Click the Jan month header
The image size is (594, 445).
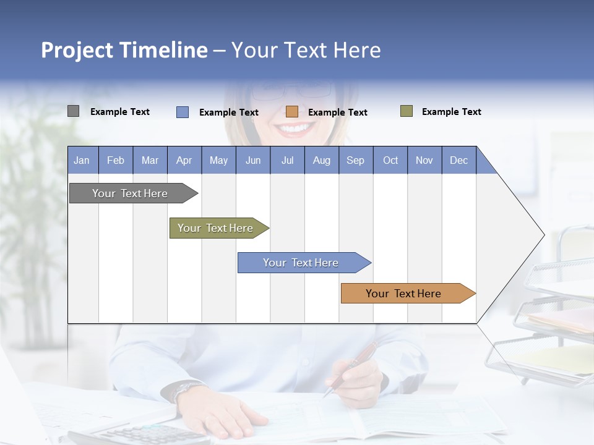pyautogui.click(x=82, y=160)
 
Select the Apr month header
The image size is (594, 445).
pyautogui.click(x=184, y=160)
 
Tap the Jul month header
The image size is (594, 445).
pyautogui.click(x=287, y=160)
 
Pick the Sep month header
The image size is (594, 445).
pyautogui.click(x=355, y=160)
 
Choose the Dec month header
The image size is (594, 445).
pyautogui.click(x=458, y=160)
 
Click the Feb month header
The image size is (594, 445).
pyautogui.click(x=116, y=160)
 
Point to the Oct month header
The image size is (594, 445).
pyautogui.click(x=390, y=160)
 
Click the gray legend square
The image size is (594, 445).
pyautogui.click(x=73, y=111)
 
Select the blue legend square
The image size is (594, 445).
pyautogui.click(x=183, y=112)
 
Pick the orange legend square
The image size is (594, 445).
pyautogui.click(x=292, y=112)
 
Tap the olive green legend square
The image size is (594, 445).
pyautogui.click(x=407, y=111)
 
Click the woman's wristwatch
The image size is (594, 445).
pyautogui.click(x=183, y=389)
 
